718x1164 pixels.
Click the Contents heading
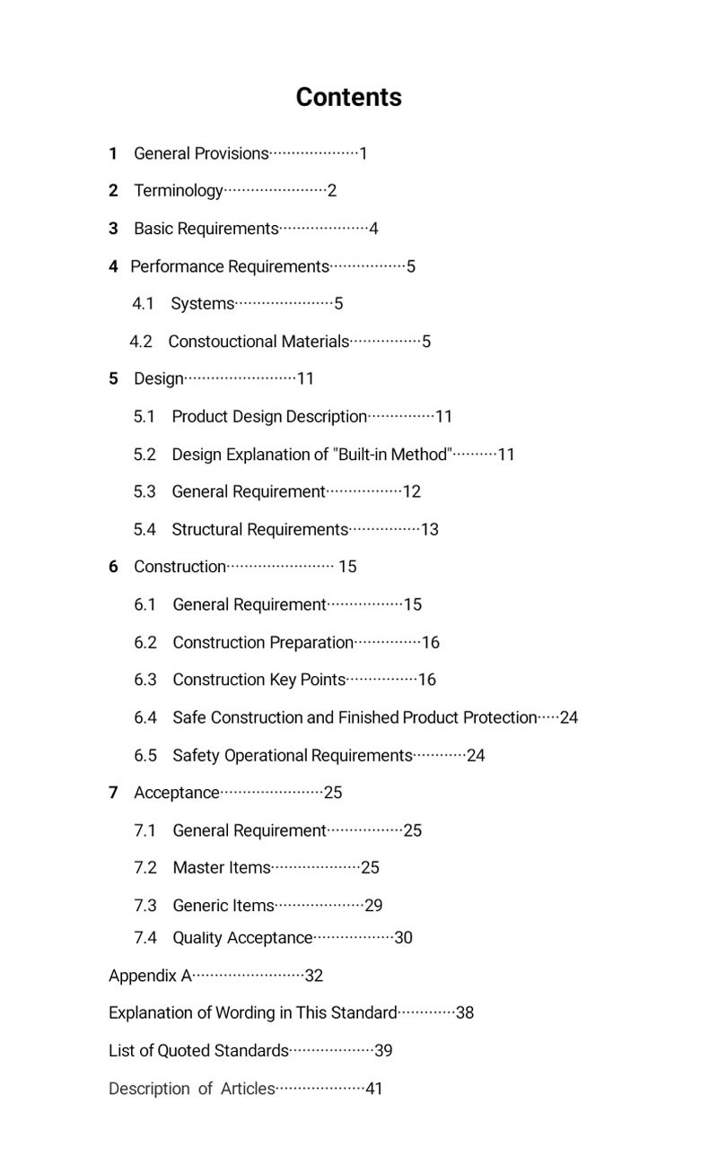point(348,97)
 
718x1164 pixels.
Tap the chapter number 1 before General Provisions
point(113,153)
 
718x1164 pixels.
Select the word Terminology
point(178,191)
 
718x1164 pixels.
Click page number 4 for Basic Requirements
point(373,229)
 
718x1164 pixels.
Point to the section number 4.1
point(144,304)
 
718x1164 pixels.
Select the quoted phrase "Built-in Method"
point(393,455)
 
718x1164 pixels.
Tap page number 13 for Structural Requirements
point(430,530)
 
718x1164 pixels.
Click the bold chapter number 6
point(113,567)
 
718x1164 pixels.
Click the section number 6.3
point(145,680)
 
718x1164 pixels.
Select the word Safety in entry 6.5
point(196,756)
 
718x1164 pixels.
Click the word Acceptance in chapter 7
point(176,793)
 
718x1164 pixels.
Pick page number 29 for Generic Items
point(373,906)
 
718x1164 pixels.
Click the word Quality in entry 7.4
point(197,938)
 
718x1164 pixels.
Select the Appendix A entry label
point(150,976)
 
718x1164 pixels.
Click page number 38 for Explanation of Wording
point(465,1013)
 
